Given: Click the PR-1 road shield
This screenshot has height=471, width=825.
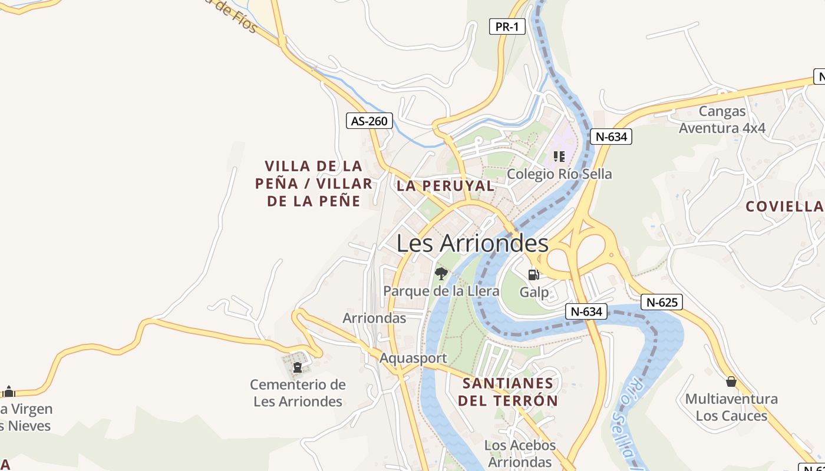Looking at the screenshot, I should coord(507,26).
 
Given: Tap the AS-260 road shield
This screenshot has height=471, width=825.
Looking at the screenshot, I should coord(369,121).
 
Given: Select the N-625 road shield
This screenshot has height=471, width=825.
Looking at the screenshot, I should coord(662,303).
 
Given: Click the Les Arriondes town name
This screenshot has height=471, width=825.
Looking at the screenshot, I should coord(472,243).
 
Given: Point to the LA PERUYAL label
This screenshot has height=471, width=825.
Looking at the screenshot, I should coord(445,185).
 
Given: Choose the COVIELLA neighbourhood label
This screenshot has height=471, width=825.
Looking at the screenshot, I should coord(784,206).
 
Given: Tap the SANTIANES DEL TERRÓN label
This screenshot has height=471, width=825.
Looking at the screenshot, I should coord(508,392).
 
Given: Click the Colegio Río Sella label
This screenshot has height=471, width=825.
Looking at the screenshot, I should coord(559,174).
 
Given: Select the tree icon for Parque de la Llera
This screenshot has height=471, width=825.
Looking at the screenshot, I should coord(441,274).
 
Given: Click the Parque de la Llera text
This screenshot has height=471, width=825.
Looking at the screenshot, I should coord(441,291).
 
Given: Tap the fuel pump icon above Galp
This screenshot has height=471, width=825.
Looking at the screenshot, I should coord(534,274).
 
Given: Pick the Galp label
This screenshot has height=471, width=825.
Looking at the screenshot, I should coord(534,292).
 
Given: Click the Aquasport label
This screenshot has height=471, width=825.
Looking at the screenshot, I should coord(413,358).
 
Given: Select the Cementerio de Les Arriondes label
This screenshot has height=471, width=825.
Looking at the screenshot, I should coord(298,393).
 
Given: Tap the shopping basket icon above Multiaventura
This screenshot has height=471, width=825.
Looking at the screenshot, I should coord(731,382).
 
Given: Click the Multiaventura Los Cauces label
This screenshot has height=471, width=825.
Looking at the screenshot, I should coord(731,407).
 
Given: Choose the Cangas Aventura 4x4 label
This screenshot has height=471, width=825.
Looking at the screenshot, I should coord(722,120).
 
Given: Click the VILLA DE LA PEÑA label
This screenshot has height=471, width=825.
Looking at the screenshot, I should coord(313,183).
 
